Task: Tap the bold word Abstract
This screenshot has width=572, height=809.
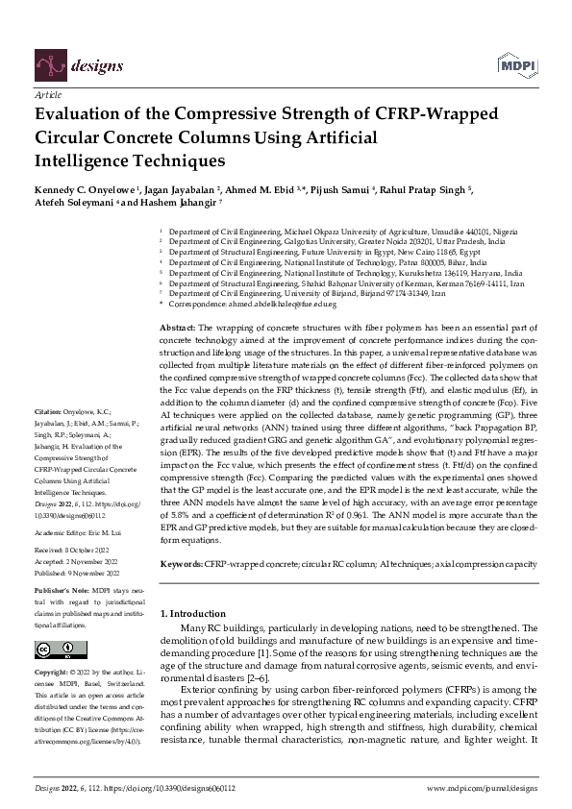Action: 176,329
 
